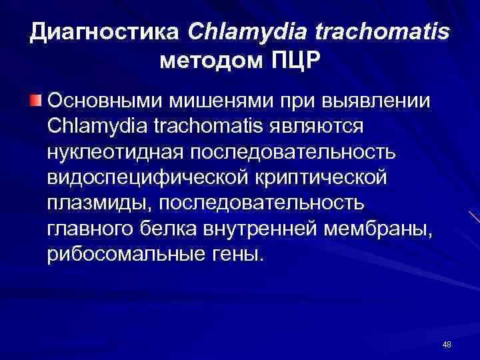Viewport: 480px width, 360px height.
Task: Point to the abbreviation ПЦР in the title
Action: [x=296, y=63]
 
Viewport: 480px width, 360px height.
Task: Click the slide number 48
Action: [x=447, y=344]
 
